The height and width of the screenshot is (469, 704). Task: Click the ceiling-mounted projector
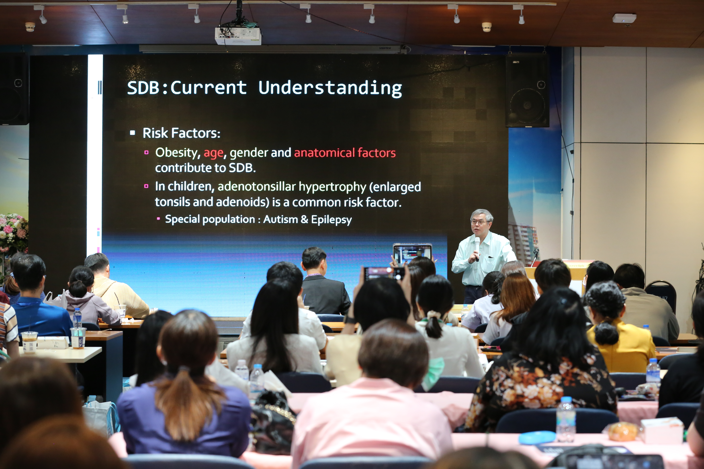[238, 35]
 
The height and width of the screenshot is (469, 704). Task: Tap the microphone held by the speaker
[477, 248]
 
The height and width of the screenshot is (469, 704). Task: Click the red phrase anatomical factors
[345, 153]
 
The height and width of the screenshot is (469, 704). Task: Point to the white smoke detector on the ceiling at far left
[30, 27]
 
